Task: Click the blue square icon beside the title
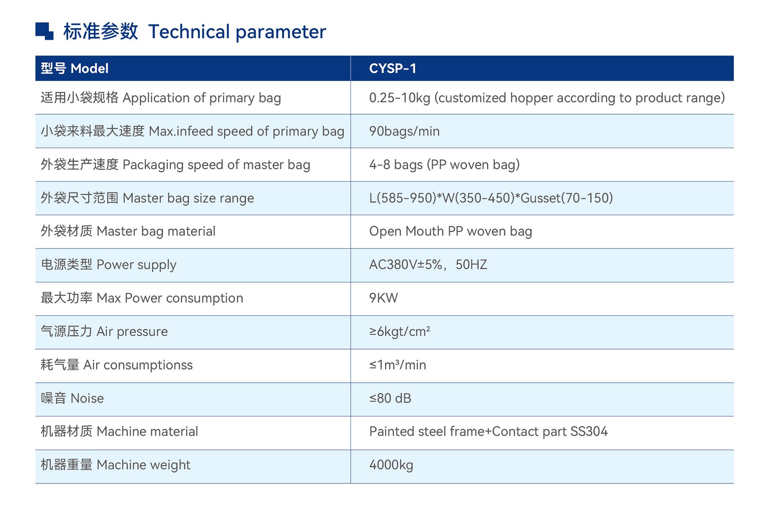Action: click(x=44, y=31)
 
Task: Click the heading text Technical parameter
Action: click(x=237, y=32)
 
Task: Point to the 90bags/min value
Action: click(x=404, y=131)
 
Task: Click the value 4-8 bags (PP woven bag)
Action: click(x=444, y=165)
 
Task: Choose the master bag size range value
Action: click(x=491, y=198)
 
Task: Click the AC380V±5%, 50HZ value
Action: click(x=428, y=265)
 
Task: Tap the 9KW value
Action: click(x=383, y=298)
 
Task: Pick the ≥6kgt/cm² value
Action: click(x=399, y=332)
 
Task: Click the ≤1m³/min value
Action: click(x=397, y=365)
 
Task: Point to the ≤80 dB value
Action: click(x=390, y=398)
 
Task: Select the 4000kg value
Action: click(x=391, y=465)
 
